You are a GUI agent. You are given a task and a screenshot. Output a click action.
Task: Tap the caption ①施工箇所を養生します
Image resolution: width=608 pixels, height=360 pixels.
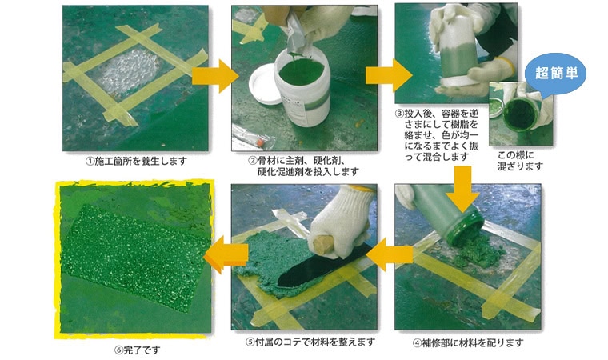136,161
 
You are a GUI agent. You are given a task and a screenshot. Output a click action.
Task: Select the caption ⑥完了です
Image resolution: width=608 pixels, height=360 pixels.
138,350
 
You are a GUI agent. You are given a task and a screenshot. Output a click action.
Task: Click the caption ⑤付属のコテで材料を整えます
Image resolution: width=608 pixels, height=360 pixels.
310,342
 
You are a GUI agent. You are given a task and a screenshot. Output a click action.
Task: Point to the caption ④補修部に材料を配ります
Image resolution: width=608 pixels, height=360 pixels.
468,343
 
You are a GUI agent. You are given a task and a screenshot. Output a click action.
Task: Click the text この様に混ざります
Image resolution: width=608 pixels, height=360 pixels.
519,161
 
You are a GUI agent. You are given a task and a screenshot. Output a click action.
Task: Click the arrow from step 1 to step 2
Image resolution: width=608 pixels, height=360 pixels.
215,76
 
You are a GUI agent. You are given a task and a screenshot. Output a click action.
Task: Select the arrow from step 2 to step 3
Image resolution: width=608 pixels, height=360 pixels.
389,75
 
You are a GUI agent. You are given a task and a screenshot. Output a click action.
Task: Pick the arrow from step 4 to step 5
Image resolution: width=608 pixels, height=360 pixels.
390,255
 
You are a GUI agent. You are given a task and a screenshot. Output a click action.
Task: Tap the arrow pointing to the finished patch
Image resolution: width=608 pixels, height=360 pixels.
226,255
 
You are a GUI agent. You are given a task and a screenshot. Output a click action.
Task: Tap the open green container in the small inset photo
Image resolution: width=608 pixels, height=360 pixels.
520,114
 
